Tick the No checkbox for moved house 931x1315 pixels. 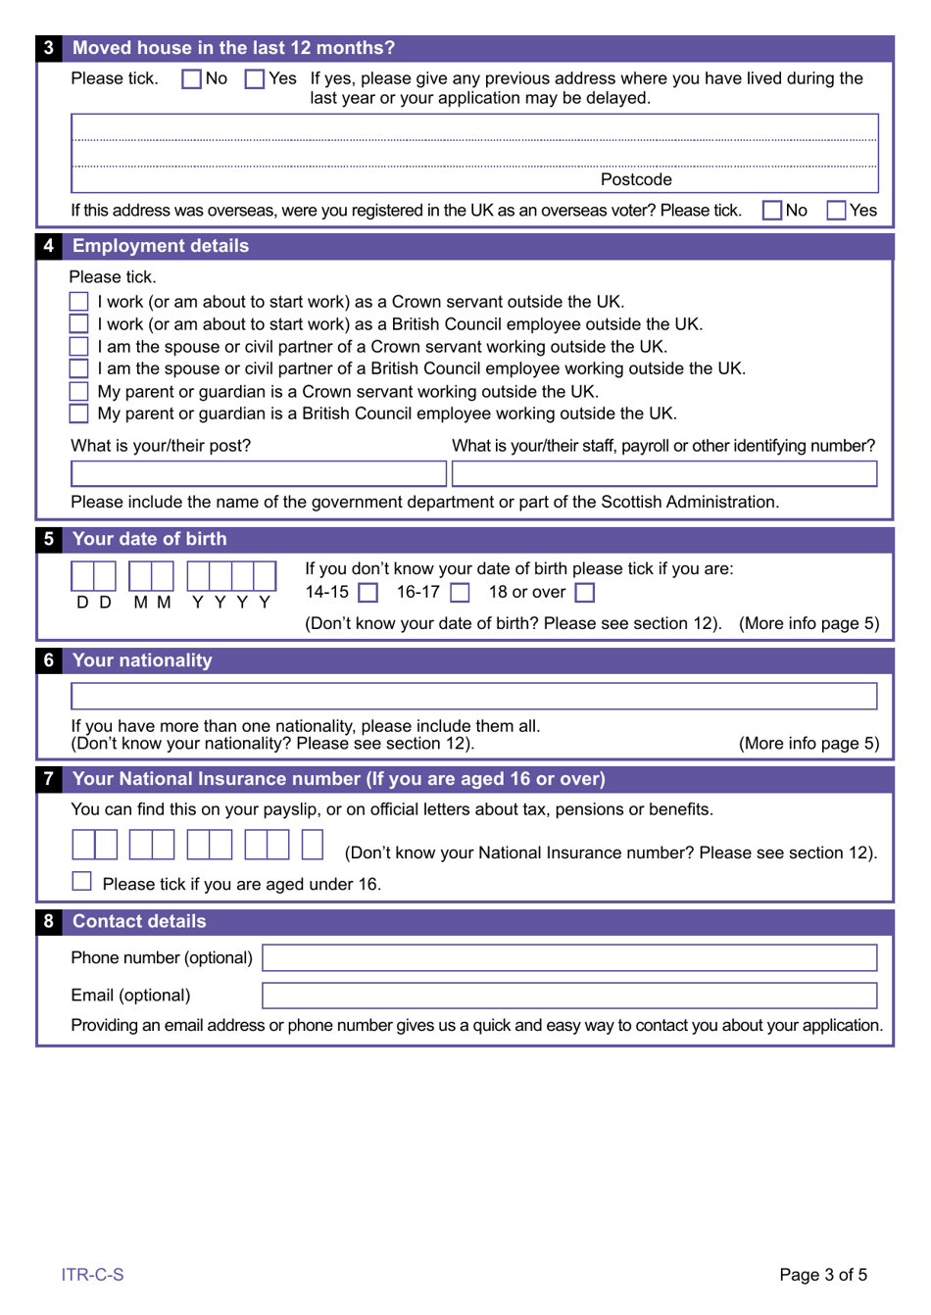(x=192, y=79)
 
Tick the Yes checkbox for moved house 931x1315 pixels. (x=255, y=79)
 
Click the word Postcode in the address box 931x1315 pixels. (x=636, y=179)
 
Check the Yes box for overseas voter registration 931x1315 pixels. (x=836, y=211)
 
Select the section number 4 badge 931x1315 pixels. (x=48, y=246)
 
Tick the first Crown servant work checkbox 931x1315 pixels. (x=79, y=302)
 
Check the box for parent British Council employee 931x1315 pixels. (x=79, y=414)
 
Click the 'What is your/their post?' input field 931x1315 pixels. (x=259, y=474)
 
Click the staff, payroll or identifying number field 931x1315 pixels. (x=663, y=474)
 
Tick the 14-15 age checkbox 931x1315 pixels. (x=368, y=593)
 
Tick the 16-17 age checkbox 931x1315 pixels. (x=460, y=593)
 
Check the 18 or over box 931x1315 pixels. (x=585, y=593)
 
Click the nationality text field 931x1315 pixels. (x=473, y=697)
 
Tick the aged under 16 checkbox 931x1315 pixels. (x=82, y=882)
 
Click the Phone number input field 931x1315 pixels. (x=568, y=958)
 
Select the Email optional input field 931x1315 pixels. (x=568, y=996)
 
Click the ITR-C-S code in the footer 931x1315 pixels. (x=92, y=1275)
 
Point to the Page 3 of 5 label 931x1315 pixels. (x=822, y=1275)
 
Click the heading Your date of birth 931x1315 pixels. (x=149, y=539)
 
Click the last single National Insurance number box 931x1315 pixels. (x=313, y=845)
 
